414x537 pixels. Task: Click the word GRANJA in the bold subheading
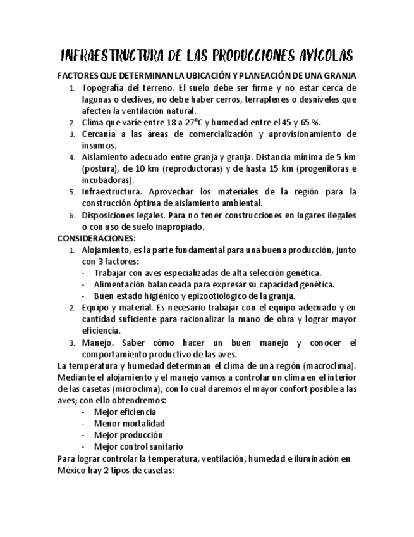338,75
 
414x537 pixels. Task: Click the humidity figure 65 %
292,122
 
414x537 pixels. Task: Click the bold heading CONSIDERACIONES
96,238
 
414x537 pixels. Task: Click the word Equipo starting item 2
95,308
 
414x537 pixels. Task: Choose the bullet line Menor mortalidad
129,423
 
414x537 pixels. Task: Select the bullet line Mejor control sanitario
138,446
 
